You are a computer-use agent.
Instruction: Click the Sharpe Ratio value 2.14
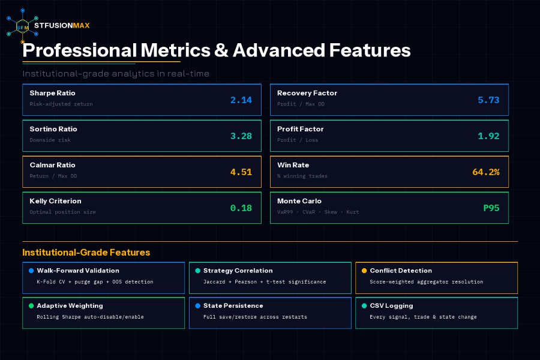point(241,100)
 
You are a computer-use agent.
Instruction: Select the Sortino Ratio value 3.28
point(241,136)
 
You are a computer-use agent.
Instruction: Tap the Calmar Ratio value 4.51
point(241,172)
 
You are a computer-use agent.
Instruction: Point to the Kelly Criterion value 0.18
point(241,208)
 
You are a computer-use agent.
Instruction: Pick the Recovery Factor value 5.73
point(488,100)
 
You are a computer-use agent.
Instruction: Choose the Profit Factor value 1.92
point(488,136)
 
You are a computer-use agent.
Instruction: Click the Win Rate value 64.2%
point(486,172)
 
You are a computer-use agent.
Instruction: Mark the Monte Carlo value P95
point(491,208)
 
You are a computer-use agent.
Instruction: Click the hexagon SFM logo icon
point(22,26)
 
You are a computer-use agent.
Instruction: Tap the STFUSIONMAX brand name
point(62,25)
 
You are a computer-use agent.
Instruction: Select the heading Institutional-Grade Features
point(86,253)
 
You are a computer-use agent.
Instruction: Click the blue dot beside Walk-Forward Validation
point(31,271)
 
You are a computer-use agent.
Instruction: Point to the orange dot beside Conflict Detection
point(364,271)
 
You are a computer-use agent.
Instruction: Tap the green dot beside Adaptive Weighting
point(31,306)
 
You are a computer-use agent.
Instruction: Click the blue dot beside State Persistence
point(197,306)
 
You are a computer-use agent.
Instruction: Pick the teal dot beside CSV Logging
point(364,306)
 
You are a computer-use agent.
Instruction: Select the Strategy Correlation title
point(238,271)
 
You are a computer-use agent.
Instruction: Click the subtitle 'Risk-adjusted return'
point(61,104)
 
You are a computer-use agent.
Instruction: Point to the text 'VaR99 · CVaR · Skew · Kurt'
point(318,212)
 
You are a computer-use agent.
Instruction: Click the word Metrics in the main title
point(175,50)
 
